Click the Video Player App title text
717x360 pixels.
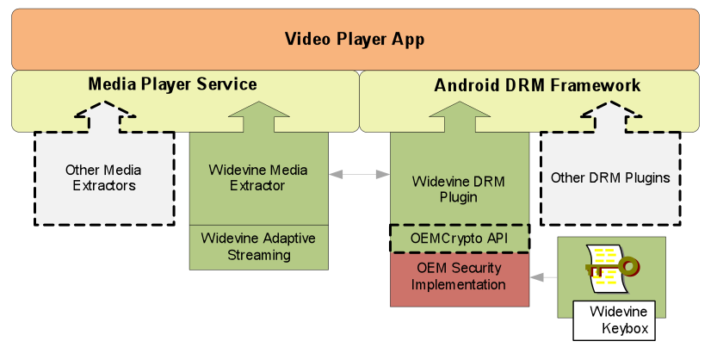click(355, 40)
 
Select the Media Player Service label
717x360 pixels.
click(172, 84)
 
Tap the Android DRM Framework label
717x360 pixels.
click(537, 85)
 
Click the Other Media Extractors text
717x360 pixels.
click(103, 177)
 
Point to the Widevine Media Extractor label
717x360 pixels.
click(258, 177)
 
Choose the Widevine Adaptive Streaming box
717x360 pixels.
click(258, 246)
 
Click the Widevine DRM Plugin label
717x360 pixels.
click(460, 189)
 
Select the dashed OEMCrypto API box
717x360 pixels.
click(460, 238)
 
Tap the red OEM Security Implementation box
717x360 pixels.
click(460, 278)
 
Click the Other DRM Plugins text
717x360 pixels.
click(609, 178)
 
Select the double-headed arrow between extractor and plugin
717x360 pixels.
click(359, 174)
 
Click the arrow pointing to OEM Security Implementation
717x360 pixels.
click(543, 277)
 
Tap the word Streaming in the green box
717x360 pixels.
click(258, 255)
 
